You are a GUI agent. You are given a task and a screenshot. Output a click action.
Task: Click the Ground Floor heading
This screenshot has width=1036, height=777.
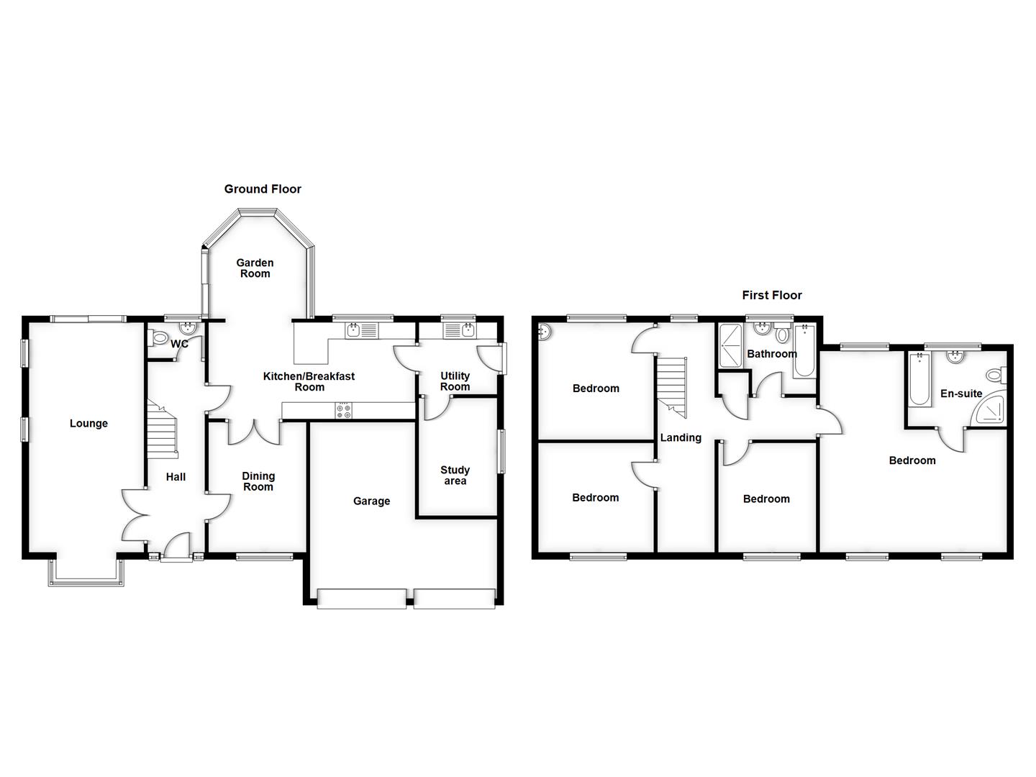tap(263, 189)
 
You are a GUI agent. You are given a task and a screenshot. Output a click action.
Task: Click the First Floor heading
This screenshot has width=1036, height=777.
tap(772, 295)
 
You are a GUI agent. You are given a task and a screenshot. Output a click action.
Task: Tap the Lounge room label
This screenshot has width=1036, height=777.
tap(88, 424)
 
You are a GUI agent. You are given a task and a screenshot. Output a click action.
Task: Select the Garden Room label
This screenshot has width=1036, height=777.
tap(255, 268)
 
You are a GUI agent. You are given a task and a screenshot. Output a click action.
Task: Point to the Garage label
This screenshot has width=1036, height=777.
tap(371, 501)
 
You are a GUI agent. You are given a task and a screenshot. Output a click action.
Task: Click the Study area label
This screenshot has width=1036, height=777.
tap(455, 476)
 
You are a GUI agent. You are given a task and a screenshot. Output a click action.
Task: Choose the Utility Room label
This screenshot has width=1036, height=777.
tap(455, 381)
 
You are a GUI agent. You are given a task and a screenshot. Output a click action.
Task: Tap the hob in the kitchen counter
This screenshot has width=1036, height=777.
tap(344, 411)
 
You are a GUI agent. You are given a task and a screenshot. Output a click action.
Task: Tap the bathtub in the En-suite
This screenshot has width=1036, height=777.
tap(919, 378)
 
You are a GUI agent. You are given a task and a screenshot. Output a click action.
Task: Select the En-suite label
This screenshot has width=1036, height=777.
tap(961, 394)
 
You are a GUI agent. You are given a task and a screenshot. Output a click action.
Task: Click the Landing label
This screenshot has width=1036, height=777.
tap(681, 437)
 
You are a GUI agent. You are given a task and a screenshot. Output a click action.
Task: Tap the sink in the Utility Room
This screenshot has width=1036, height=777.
tap(458, 331)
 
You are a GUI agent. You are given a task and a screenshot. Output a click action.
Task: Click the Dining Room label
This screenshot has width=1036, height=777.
tap(258, 481)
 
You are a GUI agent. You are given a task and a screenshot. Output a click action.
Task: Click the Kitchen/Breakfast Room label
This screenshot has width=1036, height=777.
tap(309, 381)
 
